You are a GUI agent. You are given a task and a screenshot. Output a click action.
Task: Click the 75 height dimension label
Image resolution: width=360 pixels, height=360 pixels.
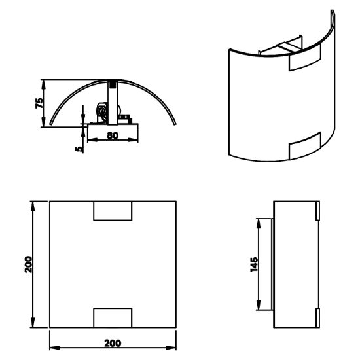tap(39, 103)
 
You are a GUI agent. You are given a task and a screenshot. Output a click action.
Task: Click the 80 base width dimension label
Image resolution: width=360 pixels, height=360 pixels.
tap(113, 135)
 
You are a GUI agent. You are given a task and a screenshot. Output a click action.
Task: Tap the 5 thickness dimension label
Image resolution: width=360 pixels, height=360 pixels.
tap(79, 149)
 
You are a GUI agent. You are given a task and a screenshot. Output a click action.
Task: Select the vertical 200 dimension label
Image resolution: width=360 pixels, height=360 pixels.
tap(29, 264)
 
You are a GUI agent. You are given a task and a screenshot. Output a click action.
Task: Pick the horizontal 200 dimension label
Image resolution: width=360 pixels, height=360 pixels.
tap(113, 343)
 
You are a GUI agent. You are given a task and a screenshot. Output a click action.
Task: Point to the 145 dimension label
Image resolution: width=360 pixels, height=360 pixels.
tap(254, 264)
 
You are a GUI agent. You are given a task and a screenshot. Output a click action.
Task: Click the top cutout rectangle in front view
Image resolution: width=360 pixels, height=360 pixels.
tap(113, 211)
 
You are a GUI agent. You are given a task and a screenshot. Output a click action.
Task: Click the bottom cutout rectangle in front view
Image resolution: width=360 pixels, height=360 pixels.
tap(113, 317)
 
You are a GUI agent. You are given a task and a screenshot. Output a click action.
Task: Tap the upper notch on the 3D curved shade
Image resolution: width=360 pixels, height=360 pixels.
tap(304, 58)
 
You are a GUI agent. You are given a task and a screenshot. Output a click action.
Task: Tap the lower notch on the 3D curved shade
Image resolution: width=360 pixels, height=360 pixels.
tap(304, 146)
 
